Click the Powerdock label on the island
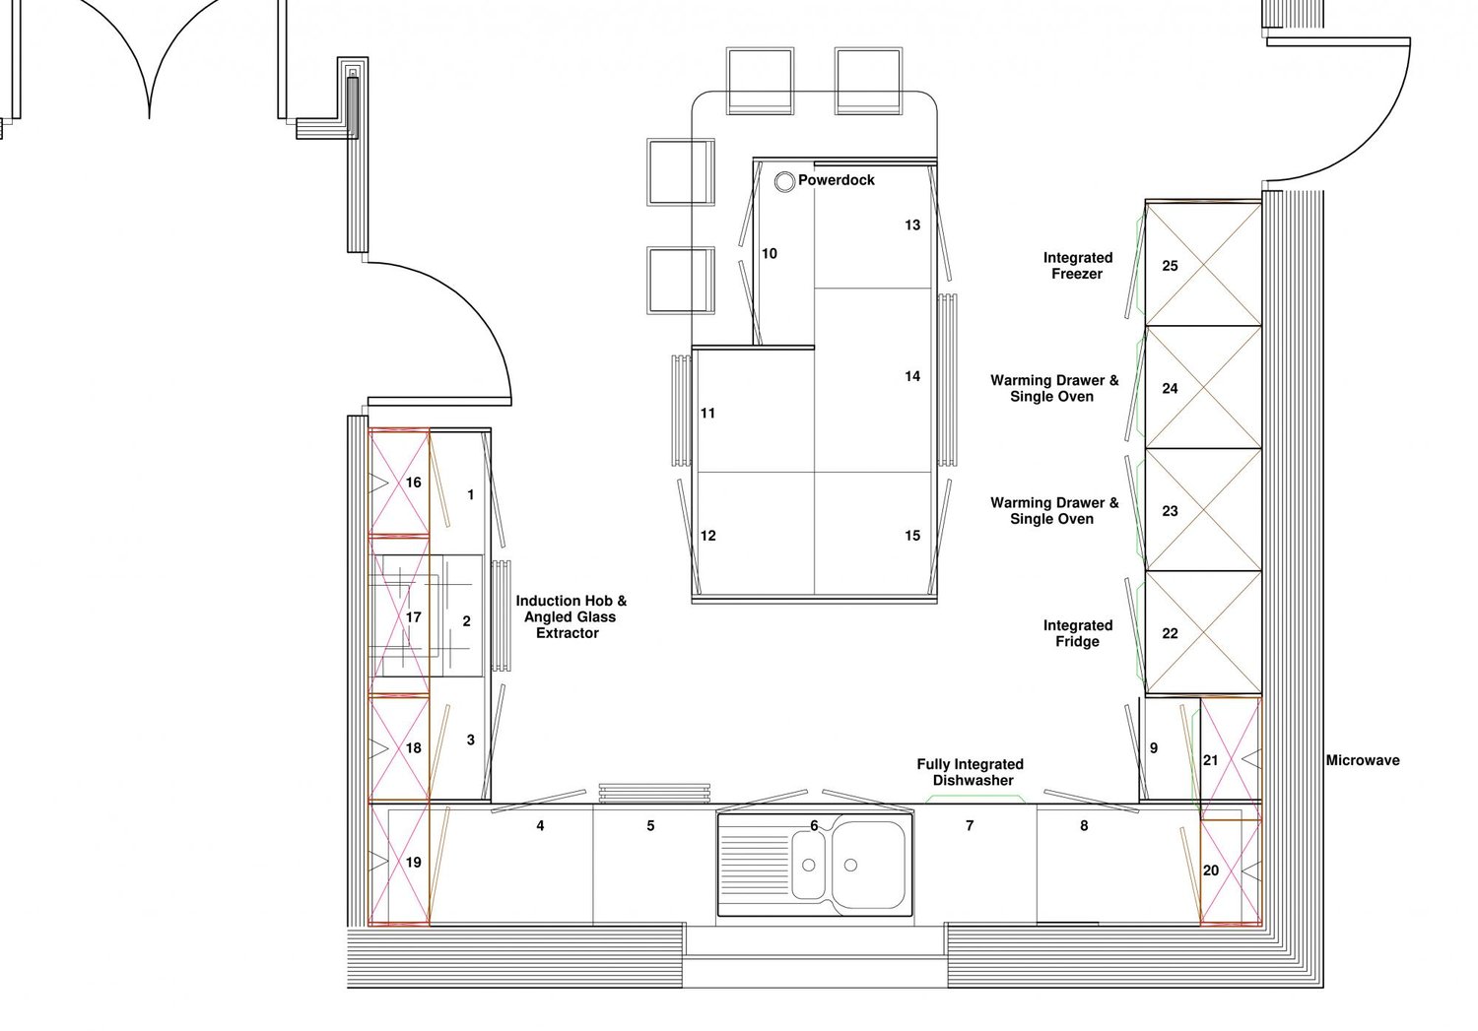tap(836, 180)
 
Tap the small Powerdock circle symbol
tap(784, 181)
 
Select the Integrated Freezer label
tap(1077, 266)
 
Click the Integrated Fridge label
tap(1077, 633)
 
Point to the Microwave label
tap(1362, 760)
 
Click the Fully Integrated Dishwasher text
tap(971, 772)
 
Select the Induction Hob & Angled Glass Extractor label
tap(571, 616)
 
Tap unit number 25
tap(1170, 266)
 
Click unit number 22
tap(1170, 633)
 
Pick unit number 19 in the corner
tap(413, 863)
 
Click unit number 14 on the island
tap(912, 376)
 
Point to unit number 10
tap(770, 254)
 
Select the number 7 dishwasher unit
tap(970, 826)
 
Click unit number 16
tap(413, 483)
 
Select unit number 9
tap(1154, 748)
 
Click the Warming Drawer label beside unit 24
tap(1053, 388)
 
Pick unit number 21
tap(1210, 760)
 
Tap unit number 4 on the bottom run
tap(540, 826)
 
